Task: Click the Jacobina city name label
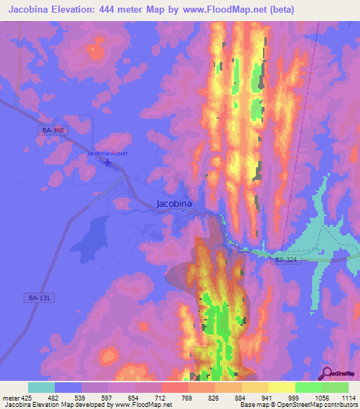click(x=173, y=204)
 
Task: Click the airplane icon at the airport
click(x=108, y=164)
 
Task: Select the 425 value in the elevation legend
click(x=28, y=398)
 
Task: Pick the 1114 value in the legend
click(x=348, y=398)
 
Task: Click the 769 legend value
click(x=187, y=398)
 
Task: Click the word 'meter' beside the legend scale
click(x=10, y=398)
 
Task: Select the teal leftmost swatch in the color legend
click(x=41, y=387)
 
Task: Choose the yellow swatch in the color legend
click(x=281, y=387)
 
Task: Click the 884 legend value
click(x=240, y=398)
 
